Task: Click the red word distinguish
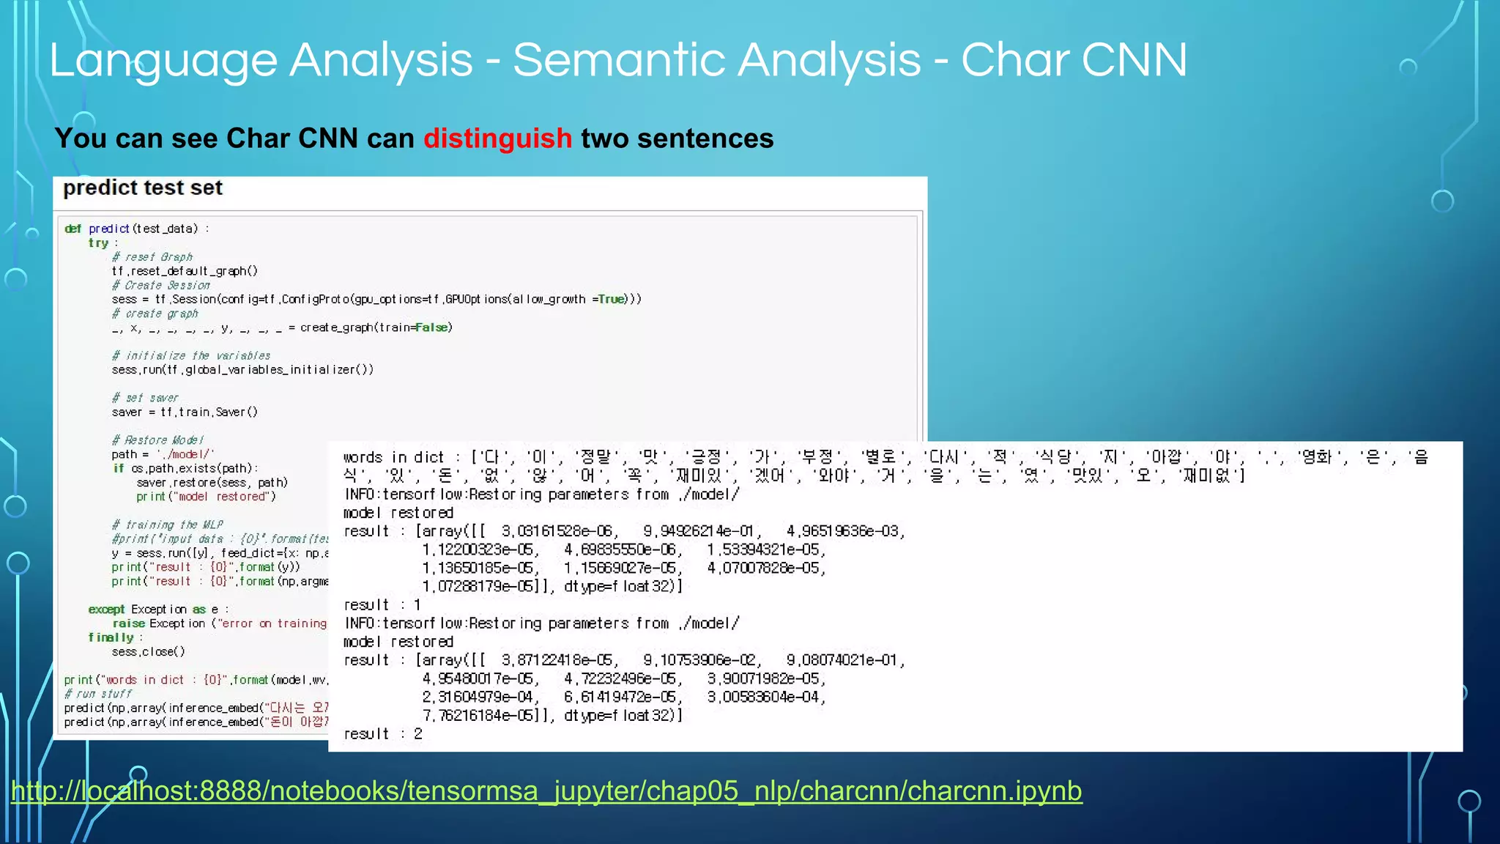(497, 138)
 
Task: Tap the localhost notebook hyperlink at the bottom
(546, 791)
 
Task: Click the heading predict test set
(143, 188)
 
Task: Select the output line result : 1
(382, 605)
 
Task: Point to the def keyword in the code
(73, 229)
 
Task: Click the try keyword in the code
(98, 243)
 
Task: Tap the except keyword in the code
(106, 610)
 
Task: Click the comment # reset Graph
(152, 257)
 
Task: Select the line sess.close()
(148, 651)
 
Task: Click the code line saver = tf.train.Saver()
(185, 412)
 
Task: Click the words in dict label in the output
(393, 458)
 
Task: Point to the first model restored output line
(398, 513)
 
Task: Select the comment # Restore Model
(157, 440)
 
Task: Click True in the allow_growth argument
(611, 300)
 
